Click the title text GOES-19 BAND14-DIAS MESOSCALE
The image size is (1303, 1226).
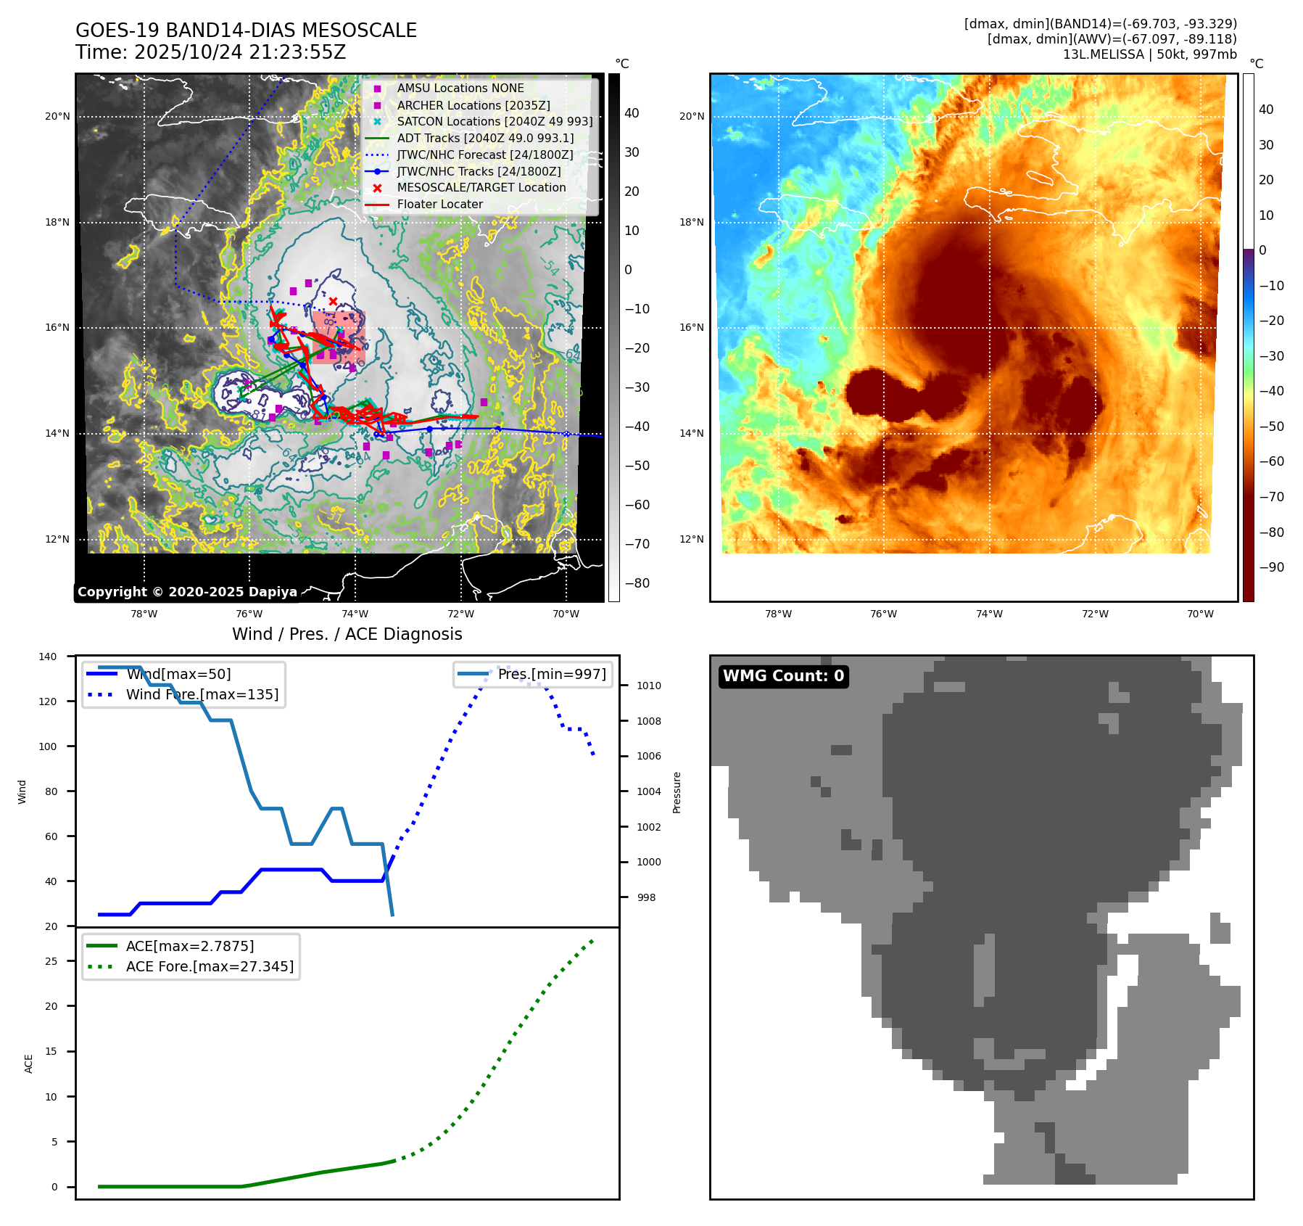[246, 30]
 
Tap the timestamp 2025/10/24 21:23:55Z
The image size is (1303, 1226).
[240, 52]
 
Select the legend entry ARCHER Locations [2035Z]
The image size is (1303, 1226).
[473, 105]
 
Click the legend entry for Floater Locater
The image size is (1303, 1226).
[439, 205]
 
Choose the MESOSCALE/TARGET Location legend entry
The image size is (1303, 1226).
[481, 188]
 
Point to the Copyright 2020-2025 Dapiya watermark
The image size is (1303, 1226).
[187, 592]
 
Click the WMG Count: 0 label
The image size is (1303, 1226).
[783, 676]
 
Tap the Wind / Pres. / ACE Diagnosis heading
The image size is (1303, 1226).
[347, 634]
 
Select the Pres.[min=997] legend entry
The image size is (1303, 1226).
[551, 674]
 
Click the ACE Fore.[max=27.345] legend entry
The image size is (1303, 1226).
[210, 966]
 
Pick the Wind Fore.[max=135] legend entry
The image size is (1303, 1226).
[202, 694]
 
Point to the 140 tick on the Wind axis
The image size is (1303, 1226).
[48, 657]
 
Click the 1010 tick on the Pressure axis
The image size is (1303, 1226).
[648, 686]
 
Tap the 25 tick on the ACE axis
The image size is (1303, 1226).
[51, 961]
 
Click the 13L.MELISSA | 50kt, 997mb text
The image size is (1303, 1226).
[1149, 54]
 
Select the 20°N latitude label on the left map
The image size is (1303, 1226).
[57, 116]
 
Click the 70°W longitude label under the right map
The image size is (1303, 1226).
[1199, 614]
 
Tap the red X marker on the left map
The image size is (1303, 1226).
[333, 301]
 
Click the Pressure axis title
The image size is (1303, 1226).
[677, 792]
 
